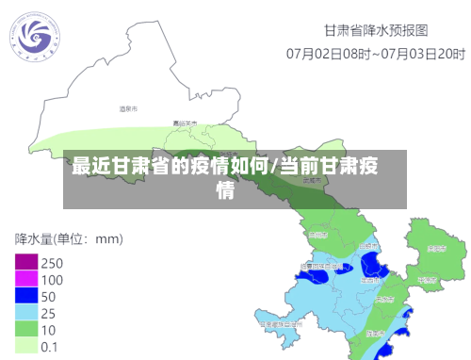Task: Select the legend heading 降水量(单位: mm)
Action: click(x=68, y=238)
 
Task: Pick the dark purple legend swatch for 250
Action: click(x=25, y=263)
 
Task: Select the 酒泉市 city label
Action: click(x=128, y=110)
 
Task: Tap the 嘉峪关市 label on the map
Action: click(x=185, y=123)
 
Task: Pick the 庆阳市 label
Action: click(x=435, y=250)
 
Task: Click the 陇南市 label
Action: click(x=376, y=334)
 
